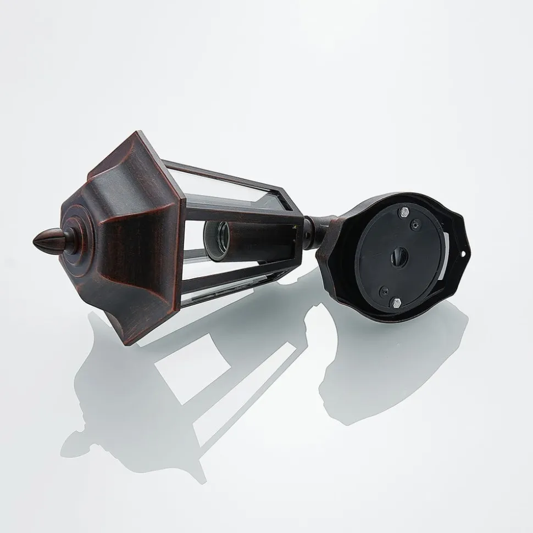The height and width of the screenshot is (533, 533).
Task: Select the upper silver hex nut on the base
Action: (405, 210)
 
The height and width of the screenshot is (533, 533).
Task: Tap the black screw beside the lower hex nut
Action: (385, 289)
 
